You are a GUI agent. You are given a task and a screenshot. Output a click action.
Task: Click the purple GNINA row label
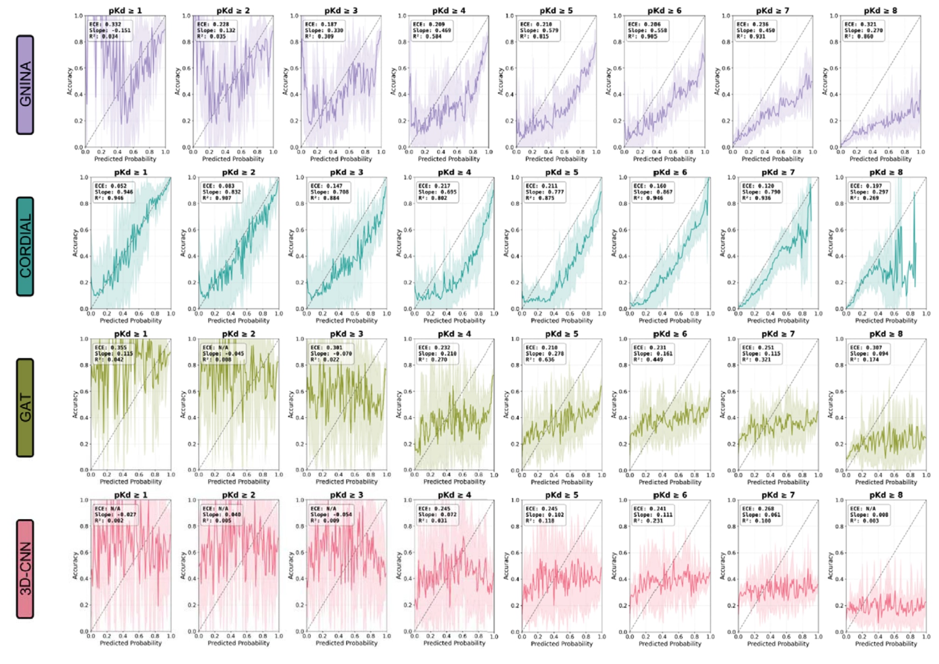(25, 84)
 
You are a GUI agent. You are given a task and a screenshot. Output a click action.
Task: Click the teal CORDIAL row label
(25, 246)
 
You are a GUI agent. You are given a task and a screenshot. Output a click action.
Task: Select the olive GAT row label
(25, 408)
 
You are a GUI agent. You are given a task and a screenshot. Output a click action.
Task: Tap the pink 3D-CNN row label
(25, 569)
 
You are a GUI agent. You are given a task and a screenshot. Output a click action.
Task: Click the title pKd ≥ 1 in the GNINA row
(125, 10)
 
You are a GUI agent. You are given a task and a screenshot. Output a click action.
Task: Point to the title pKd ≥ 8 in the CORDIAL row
(886, 172)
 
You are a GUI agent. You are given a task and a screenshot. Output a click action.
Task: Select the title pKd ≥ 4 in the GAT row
(454, 334)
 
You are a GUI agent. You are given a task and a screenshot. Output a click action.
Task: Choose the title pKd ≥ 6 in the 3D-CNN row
(670, 495)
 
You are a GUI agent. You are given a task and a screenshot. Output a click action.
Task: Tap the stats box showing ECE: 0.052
(114, 192)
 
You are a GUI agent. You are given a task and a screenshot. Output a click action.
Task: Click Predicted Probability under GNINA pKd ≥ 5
(556, 159)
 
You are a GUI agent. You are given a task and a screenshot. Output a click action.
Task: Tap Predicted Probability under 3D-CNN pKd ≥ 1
(131, 643)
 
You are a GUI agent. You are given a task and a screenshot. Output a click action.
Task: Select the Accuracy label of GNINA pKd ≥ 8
(825, 81)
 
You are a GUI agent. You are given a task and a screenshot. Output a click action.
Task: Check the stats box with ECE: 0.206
(647, 30)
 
